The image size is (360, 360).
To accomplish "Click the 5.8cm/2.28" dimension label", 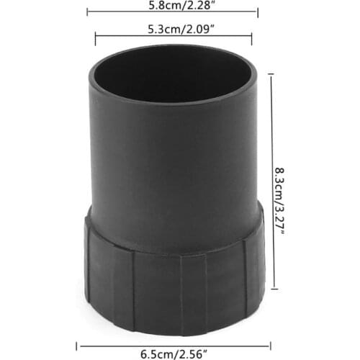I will tap(173, 5).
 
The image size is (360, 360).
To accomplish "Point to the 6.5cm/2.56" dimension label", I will tap(173, 354).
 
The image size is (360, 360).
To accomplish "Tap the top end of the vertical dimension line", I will tap(271, 72).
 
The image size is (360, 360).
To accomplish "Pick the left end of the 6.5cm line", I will tap(76, 344).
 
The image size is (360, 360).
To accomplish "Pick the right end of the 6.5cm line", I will tap(270, 344).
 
